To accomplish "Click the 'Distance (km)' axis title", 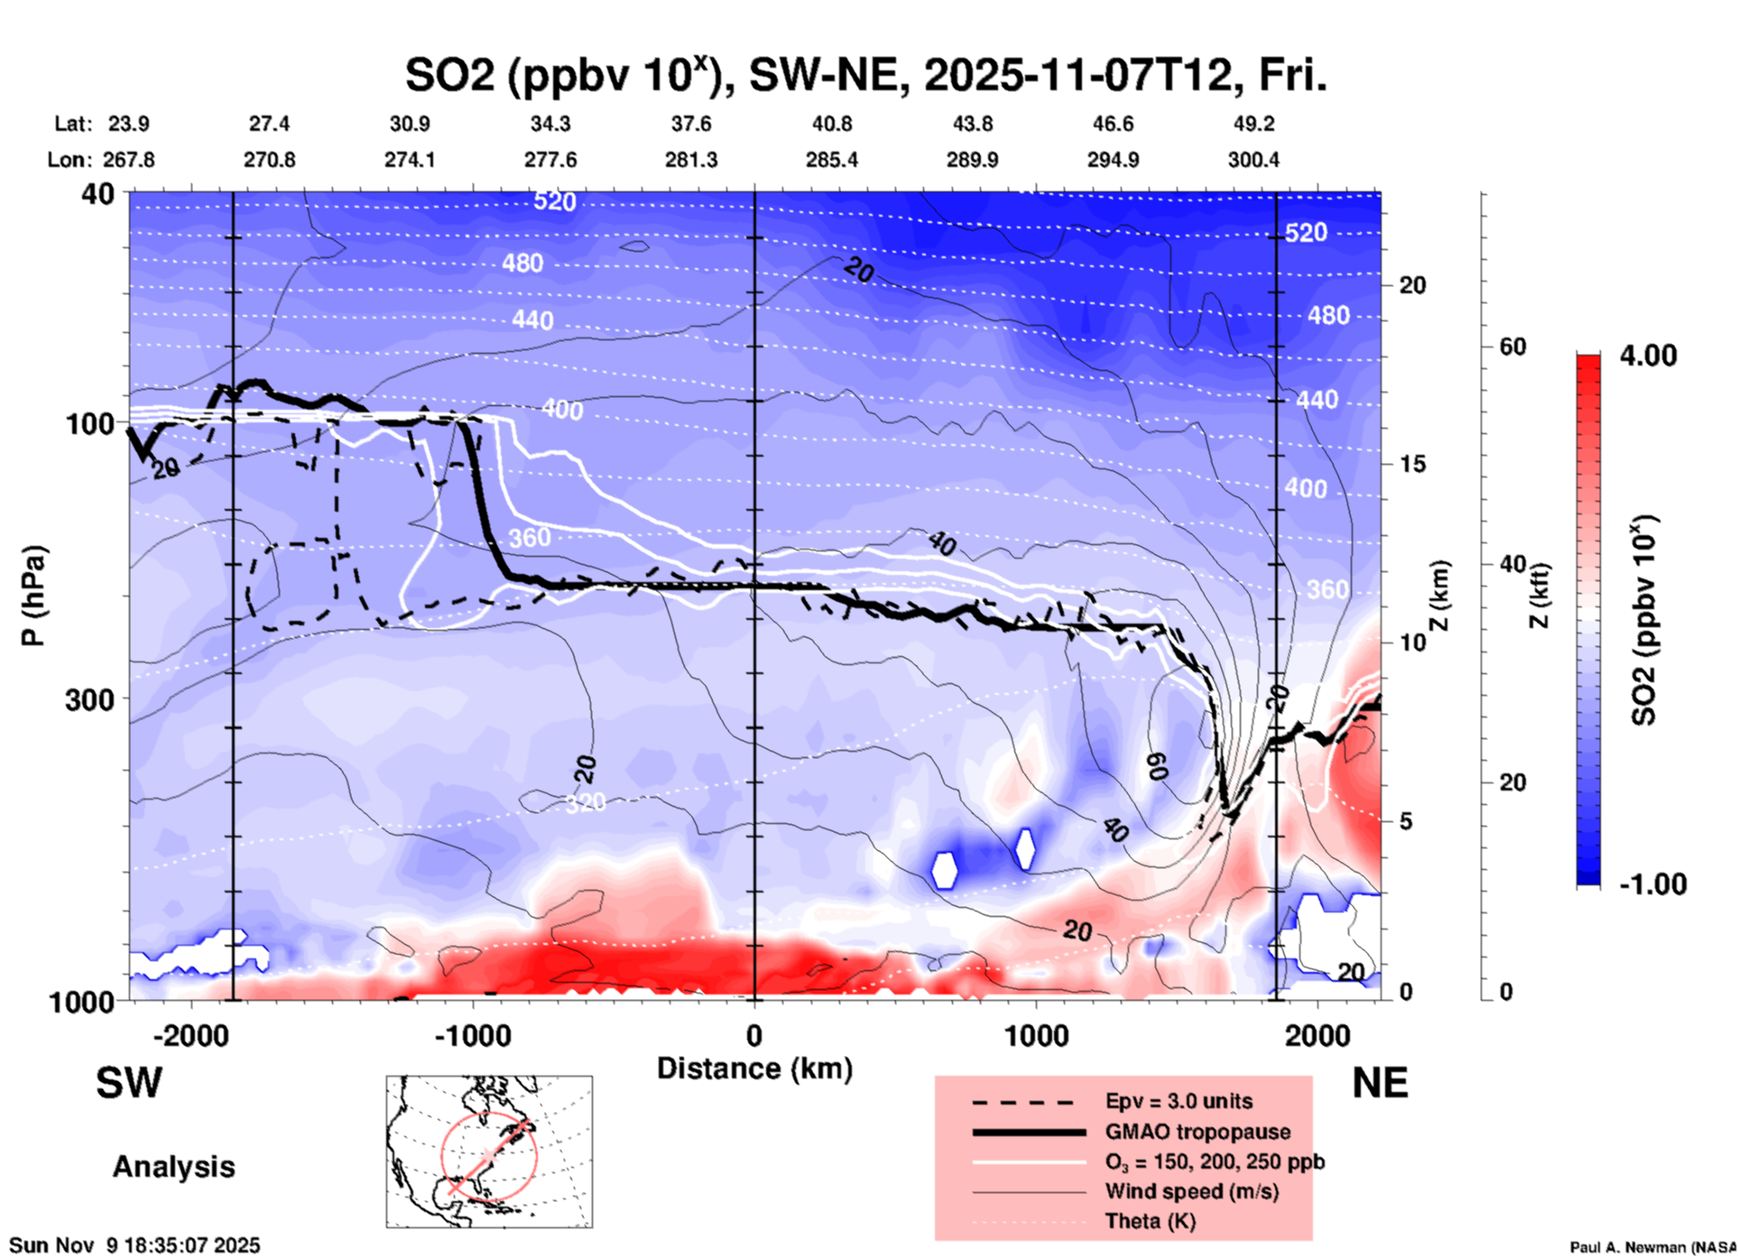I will click(x=754, y=1068).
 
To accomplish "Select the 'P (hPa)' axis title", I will click(x=32, y=596).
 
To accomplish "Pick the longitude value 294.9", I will click(x=1113, y=160).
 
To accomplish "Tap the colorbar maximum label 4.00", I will click(x=1648, y=356).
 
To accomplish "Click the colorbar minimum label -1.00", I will click(x=1652, y=884).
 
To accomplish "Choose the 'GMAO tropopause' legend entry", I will click(x=1197, y=1132).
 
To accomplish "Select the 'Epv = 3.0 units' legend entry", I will click(x=1179, y=1101).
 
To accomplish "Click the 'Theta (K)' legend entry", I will click(x=1150, y=1221).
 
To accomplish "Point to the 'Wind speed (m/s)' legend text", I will click(x=1191, y=1191).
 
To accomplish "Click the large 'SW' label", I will click(x=129, y=1083).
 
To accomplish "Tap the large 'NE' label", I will click(x=1380, y=1083).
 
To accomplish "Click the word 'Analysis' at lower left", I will click(x=173, y=1167).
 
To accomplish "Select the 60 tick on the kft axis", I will click(x=1512, y=347).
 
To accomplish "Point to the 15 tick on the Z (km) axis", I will click(x=1412, y=464).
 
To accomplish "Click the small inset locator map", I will click(x=489, y=1152).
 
